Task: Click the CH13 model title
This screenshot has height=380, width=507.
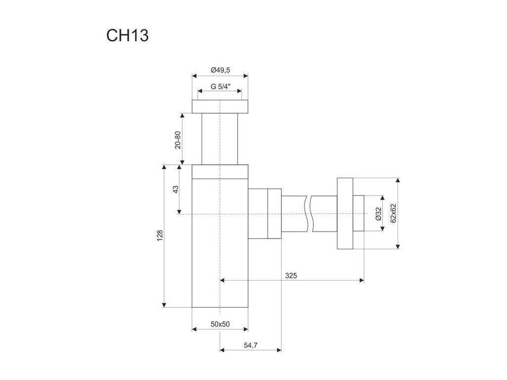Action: [x=127, y=36]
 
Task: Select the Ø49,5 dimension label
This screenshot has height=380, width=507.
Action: [x=220, y=70]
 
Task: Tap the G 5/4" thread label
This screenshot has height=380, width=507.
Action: [x=220, y=86]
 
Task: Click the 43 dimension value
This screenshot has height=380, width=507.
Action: [x=176, y=190]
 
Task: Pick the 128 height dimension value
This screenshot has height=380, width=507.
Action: [x=159, y=236]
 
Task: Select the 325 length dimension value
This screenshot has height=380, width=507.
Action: [x=291, y=275]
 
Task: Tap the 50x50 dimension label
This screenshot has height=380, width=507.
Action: [x=219, y=324]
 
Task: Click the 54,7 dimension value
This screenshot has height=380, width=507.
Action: [x=251, y=345]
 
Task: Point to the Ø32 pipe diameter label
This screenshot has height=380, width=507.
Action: [x=377, y=214]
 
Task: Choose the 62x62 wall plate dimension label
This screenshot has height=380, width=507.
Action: [x=393, y=213]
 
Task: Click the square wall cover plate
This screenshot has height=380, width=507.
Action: [x=345, y=213]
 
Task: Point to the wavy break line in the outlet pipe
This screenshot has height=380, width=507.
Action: [x=309, y=214]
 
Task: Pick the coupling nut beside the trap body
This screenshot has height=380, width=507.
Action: [x=274, y=214]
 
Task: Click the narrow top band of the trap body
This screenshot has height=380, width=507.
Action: [x=220, y=171]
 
